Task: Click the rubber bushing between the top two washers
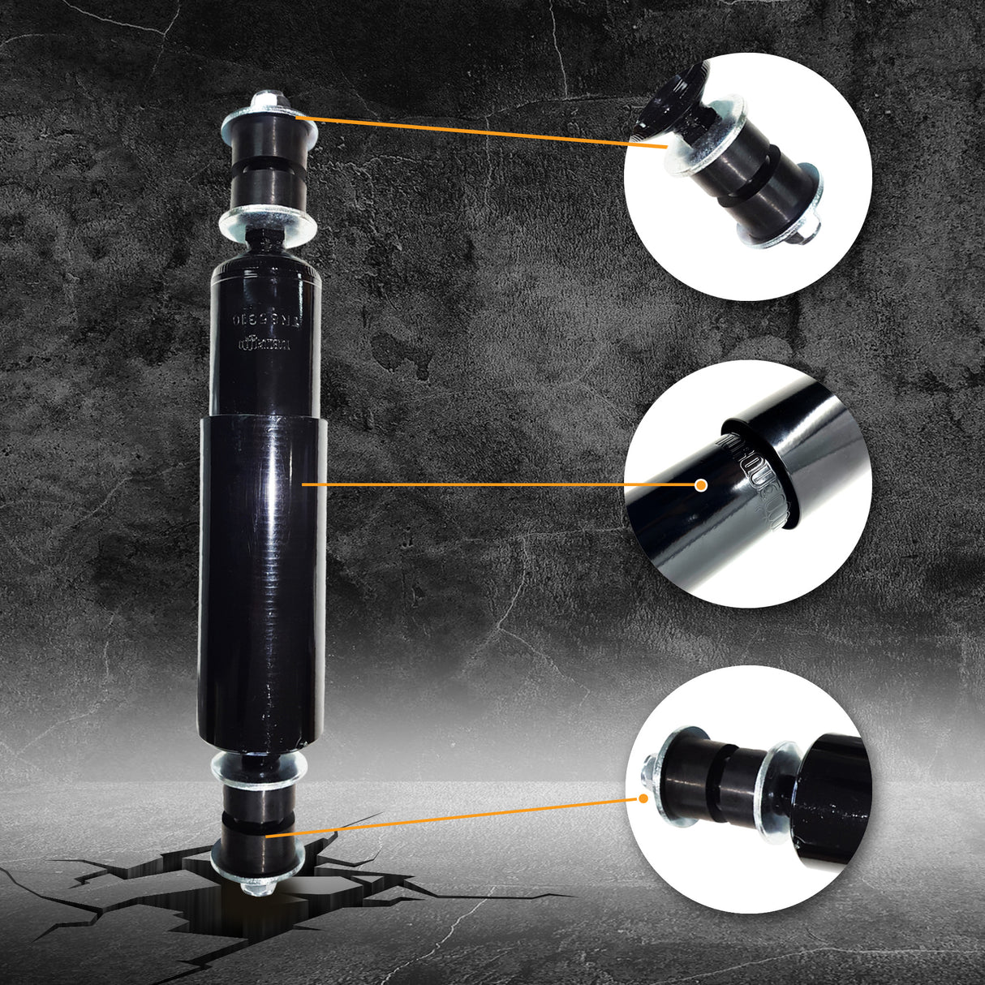pyautogui.click(x=266, y=170)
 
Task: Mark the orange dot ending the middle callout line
pyautogui.click(x=702, y=484)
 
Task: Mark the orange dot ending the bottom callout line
pyautogui.click(x=643, y=798)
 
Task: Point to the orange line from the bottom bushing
pyautogui.click(x=454, y=816)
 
